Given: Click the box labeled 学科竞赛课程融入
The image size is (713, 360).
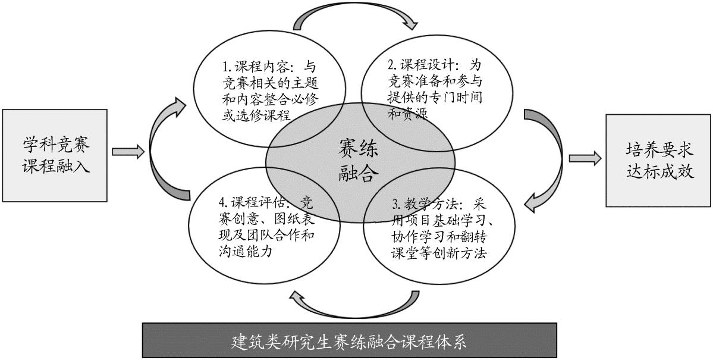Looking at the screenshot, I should [x=55, y=155].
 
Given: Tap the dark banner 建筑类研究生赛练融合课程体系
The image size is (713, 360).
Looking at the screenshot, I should [x=350, y=341].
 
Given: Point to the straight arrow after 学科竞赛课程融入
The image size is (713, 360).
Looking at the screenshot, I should [x=128, y=152].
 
